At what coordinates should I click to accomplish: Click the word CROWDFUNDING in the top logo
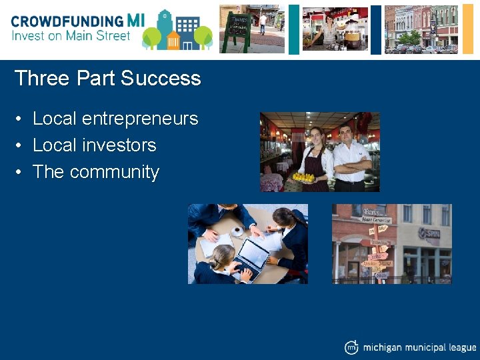(67, 21)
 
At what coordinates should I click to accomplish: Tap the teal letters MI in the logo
(135, 21)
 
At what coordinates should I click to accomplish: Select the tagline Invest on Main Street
(71, 35)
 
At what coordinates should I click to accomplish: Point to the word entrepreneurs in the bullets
(140, 119)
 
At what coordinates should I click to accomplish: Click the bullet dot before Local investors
(21, 145)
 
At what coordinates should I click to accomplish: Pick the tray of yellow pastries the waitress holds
(305, 177)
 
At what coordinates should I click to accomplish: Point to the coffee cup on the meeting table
(237, 231)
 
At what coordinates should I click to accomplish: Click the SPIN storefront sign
(428, 233)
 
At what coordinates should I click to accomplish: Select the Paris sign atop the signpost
(353, 212)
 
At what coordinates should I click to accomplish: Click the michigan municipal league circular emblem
(351, 347)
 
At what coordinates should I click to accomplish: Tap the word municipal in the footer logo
(426, 347)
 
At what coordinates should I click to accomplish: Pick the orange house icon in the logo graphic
(173, 41)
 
